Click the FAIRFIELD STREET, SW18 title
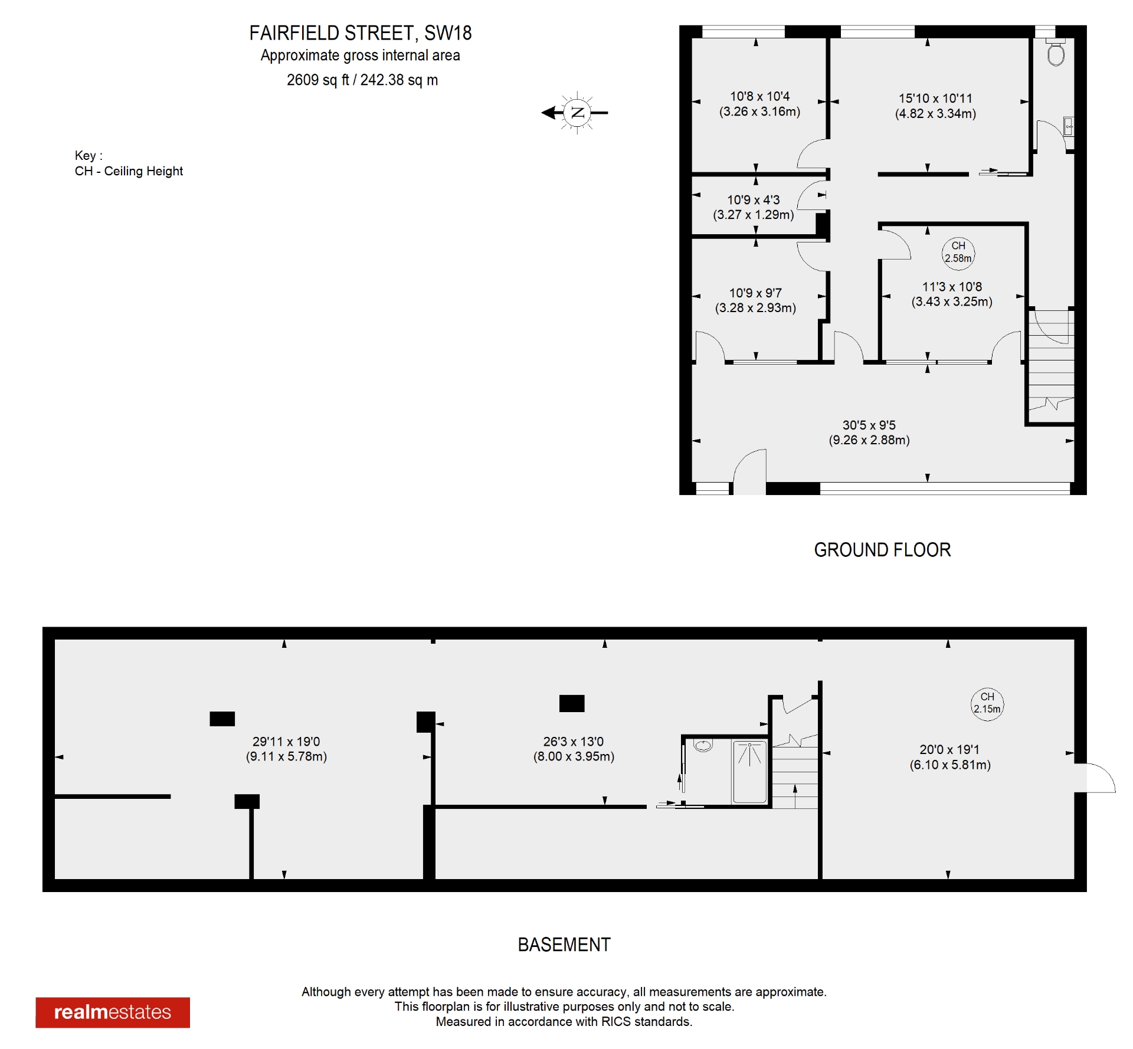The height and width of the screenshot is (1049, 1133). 360,33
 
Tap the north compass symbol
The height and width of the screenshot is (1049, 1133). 577,112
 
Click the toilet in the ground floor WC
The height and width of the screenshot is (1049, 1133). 1056,54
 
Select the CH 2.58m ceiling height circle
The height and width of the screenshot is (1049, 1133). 958,252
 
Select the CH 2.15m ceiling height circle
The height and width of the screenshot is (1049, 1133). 987,703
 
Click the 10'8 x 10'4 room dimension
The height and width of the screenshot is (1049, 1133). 759,104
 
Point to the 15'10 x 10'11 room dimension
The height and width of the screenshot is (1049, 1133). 935,106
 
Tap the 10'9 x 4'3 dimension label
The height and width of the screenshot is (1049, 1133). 753,207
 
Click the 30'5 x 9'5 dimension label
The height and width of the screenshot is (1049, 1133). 869,432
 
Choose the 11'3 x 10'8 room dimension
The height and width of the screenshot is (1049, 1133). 951,294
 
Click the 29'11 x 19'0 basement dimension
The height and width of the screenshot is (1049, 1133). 286,749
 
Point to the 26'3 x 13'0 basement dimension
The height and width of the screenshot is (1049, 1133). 574,749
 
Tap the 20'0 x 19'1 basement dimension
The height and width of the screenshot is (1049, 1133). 949,757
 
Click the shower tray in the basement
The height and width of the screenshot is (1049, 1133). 749,772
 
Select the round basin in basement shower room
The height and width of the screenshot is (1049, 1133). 703,746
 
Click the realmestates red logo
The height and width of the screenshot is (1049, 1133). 113,1012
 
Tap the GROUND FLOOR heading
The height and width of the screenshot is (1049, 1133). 882,550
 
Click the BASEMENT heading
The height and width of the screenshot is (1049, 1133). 564,945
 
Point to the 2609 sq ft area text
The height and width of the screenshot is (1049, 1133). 362,80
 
